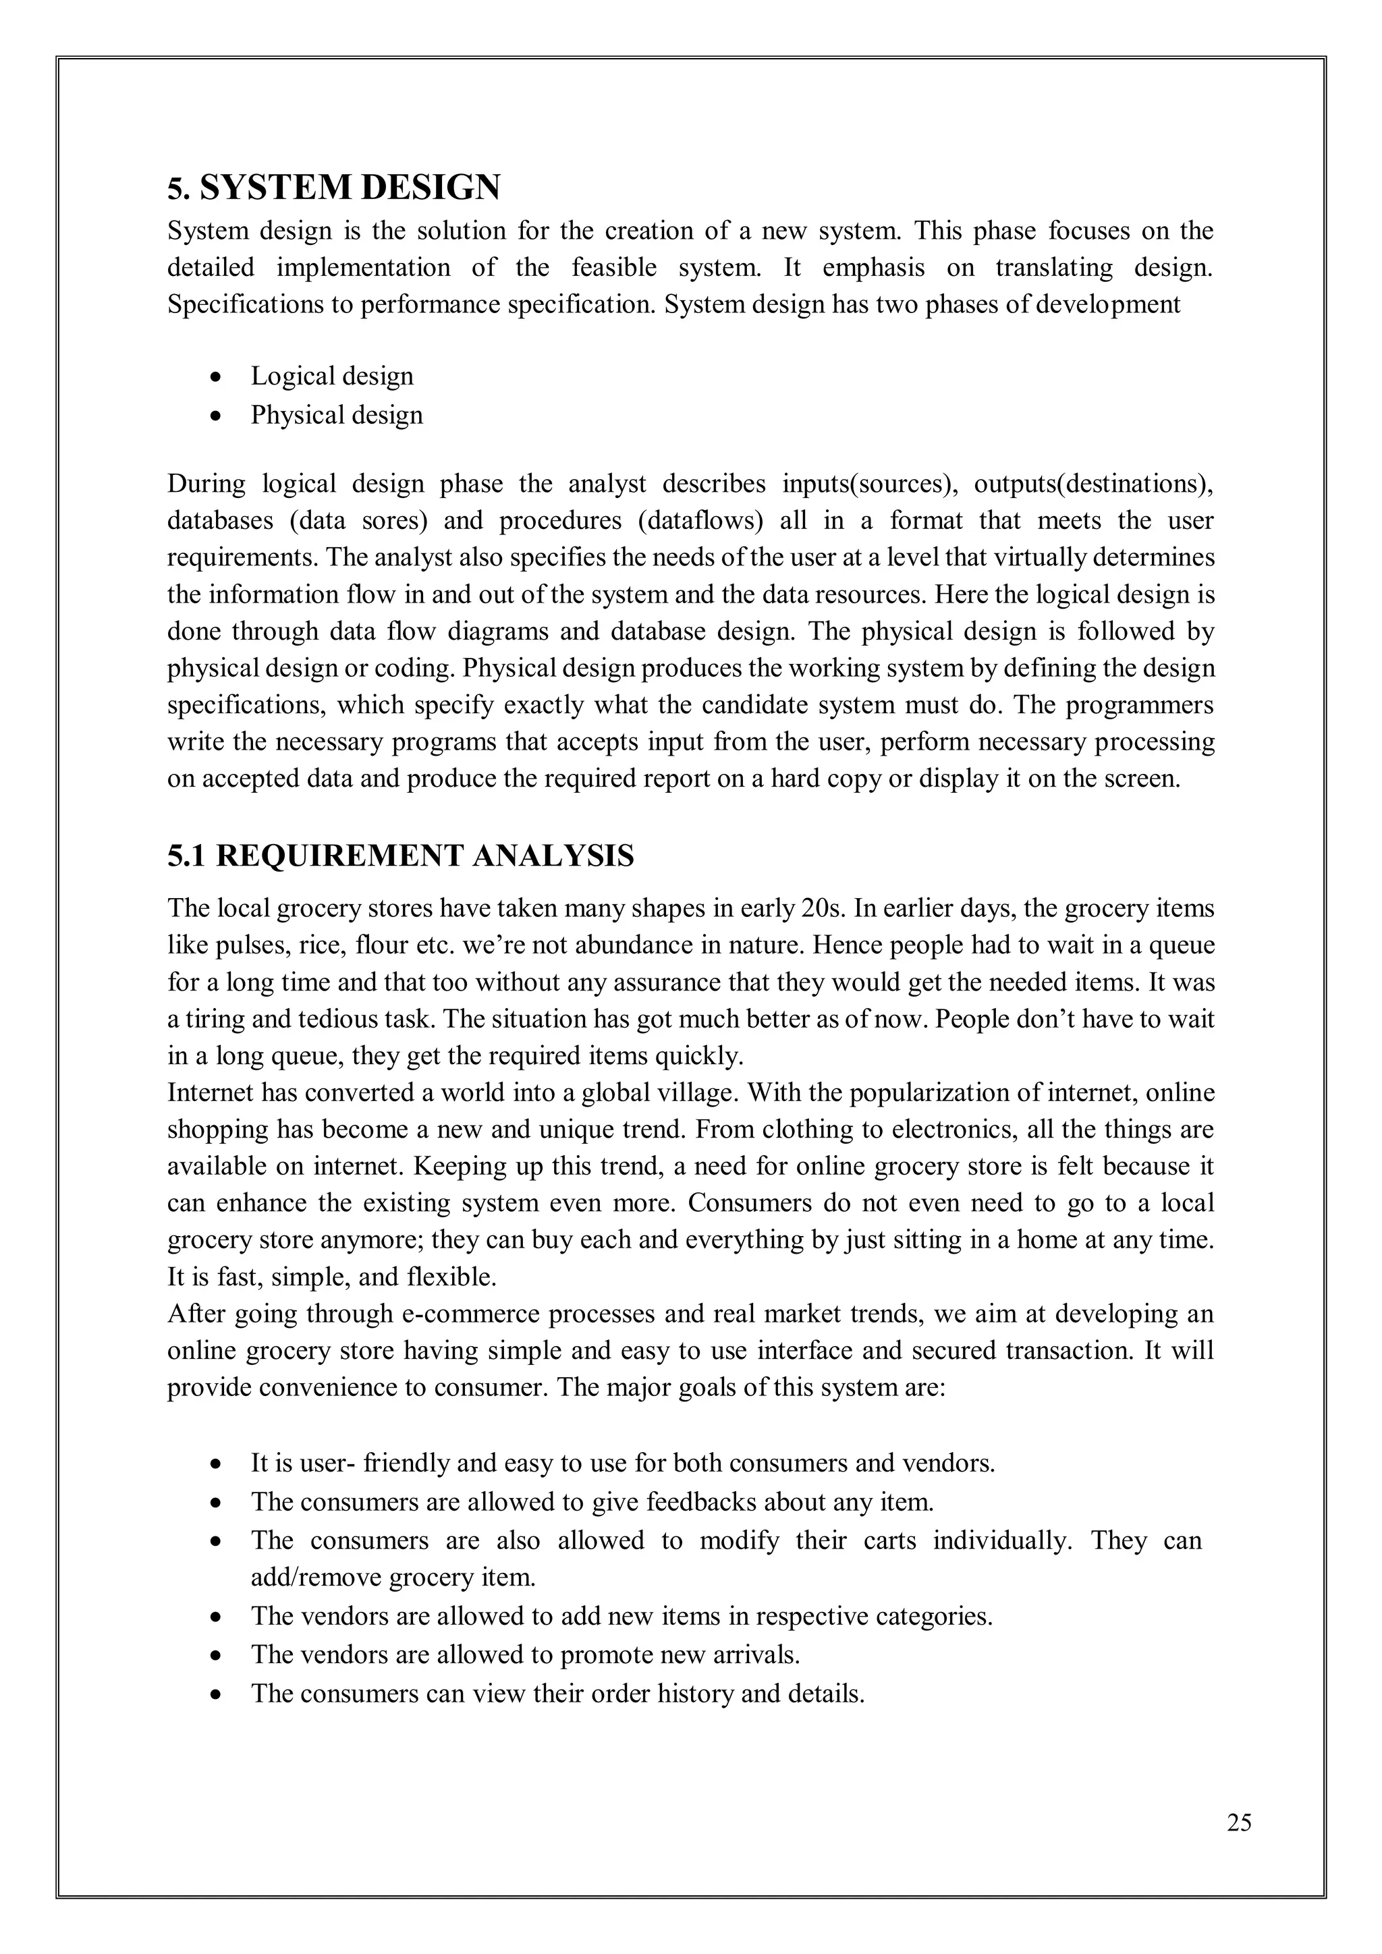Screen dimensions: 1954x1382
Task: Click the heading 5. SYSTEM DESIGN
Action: tap(333, 187)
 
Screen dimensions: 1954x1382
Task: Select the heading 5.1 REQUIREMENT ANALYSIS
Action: tap(400, 856)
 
